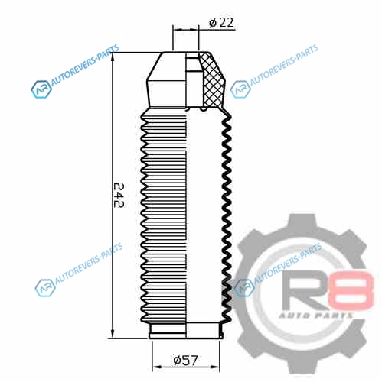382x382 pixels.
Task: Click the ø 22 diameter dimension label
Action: (221, 23)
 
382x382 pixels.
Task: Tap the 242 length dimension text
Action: (119, 196)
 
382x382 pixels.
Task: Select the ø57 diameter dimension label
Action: (185, 360)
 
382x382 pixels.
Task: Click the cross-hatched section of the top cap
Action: (212, 80)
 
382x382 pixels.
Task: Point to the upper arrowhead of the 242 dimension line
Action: (113, 58)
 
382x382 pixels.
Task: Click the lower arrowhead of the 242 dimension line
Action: (113, 333)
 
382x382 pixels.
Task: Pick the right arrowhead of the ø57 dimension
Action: (214, 367)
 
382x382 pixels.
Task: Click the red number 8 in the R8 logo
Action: (351, 290)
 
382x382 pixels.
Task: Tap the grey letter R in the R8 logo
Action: (304, 290)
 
